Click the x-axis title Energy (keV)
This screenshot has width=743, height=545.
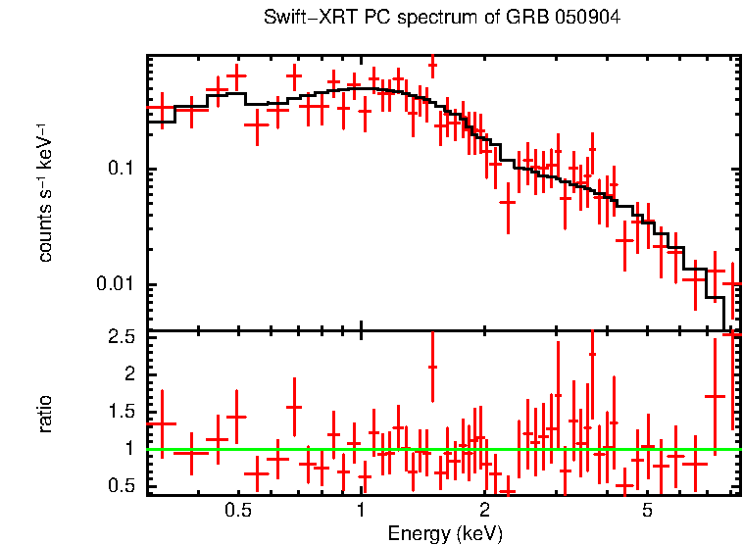[x=445, y=534]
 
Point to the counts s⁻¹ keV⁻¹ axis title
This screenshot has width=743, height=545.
[x=44, y=192]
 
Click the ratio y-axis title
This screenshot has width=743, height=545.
[x=44, y=413]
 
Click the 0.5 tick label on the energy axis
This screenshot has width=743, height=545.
[x=237, y=512]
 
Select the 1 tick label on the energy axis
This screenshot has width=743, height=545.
[x=362, y=512]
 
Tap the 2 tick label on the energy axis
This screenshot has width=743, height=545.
[x=485, y=512]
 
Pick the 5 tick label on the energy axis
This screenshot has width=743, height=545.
[x=648, y=512]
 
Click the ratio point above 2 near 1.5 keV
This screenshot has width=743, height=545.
[x=432, y=367]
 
